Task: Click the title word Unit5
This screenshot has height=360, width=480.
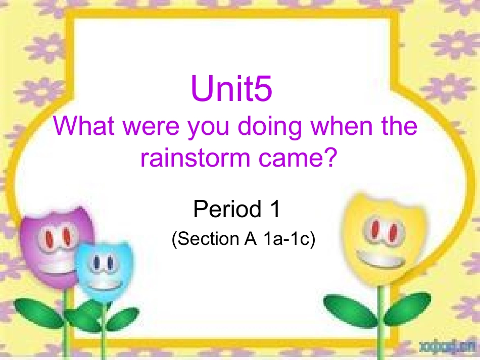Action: (231, 89)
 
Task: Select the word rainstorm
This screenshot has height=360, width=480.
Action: (194, 158)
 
